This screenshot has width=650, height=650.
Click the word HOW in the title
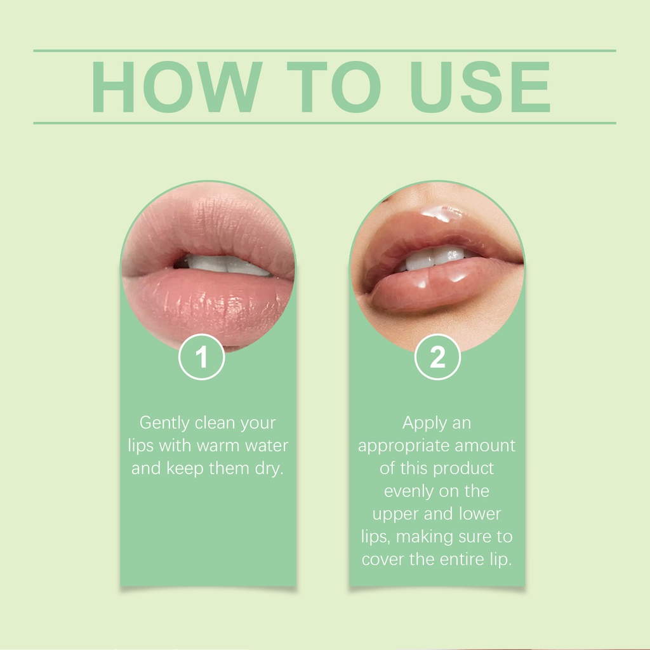[177, 86]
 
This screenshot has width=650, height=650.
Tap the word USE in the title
[480, 86]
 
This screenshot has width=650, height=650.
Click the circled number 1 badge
[201, 357]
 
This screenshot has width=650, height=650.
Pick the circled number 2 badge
[437, 357]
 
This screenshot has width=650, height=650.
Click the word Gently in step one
[164, 423]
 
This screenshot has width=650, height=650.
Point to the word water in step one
[267, 446]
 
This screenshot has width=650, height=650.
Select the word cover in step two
[383, 560]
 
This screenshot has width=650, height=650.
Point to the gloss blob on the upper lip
[442, 213]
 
